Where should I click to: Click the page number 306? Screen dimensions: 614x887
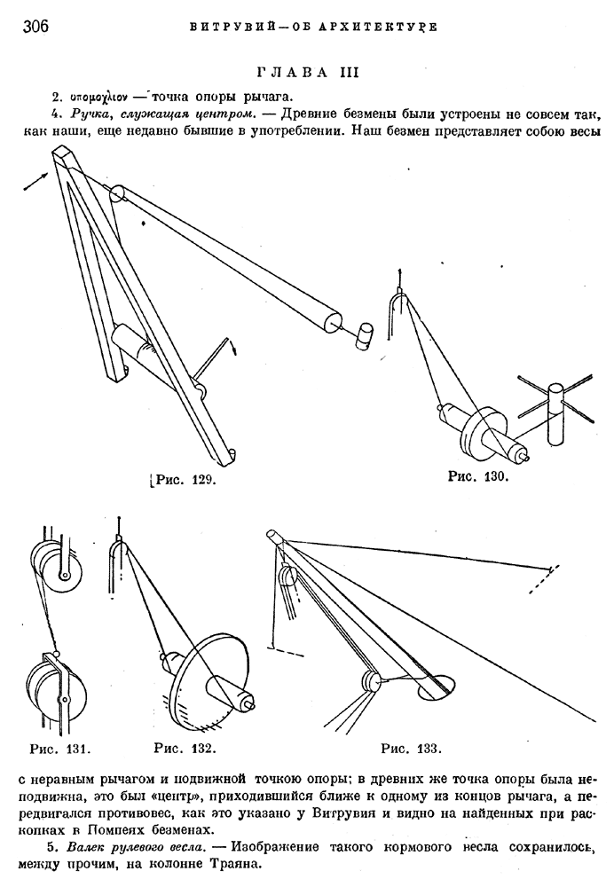tap(36, 27)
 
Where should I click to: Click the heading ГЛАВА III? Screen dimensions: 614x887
tap(309, 73)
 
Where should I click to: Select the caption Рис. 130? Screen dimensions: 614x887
tap(478, 475)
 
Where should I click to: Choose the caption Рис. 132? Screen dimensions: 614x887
tap(185, 749)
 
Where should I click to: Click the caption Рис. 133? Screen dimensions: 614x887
tap(411, 749)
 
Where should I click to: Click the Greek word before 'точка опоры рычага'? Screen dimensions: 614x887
tap(99, 96)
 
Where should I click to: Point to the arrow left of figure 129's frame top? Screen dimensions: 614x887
tap(36, 180)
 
